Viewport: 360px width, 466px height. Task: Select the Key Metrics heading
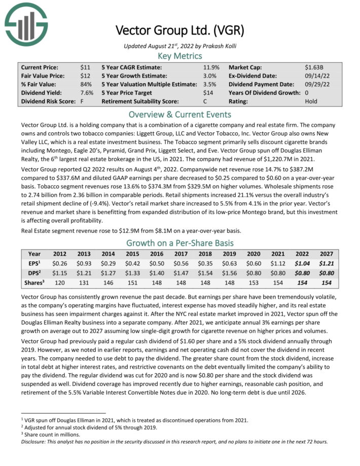tap(179, 56)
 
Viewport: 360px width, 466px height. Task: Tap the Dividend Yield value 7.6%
tap(87, 92)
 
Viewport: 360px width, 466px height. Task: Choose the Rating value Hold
tap(312, 101)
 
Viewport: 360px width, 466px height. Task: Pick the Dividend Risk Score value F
tap(82, 101)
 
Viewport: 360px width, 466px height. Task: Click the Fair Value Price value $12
tap(85, 76)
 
